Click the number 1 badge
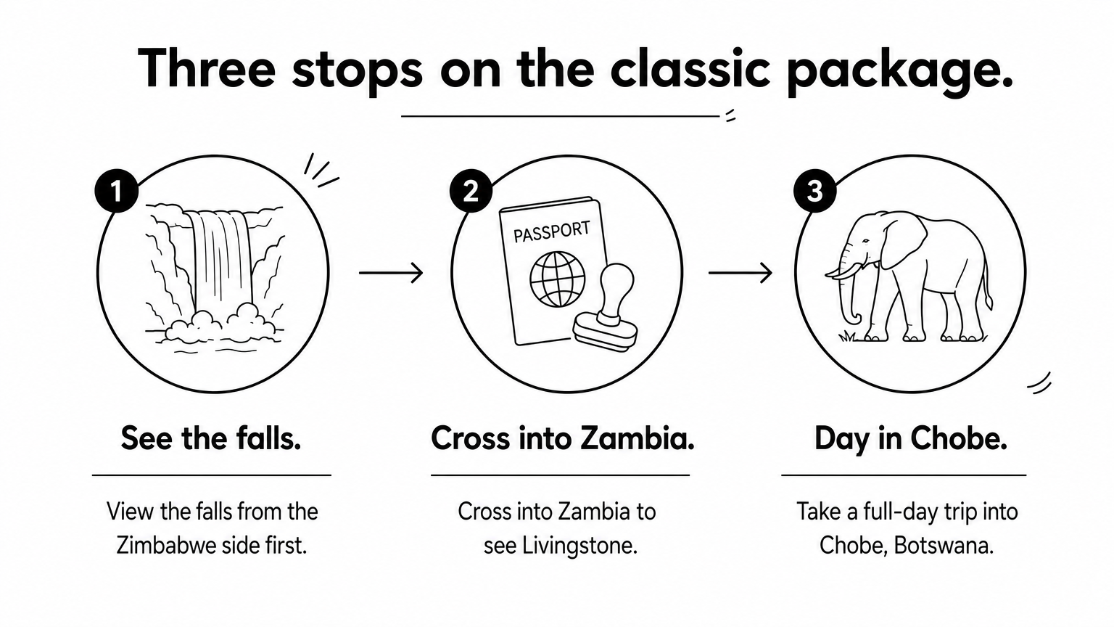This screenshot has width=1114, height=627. [x=116, y=191]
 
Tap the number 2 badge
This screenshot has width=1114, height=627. [x=471, y=191]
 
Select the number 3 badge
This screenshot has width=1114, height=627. [x=814, y=191]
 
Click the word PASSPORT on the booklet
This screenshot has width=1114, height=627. [x=551, y=232]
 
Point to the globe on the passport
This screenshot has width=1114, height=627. [x=558, y=279]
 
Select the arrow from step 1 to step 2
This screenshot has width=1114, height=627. [x=391, y=273]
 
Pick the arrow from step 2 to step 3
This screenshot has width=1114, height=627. [x=740, y=273]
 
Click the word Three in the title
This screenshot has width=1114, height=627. [x=207, y=68]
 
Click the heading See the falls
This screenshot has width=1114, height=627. [x=211, y=438]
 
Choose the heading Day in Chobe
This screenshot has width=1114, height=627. [x=911, y=439]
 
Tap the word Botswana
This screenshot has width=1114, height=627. [x=944, y=546]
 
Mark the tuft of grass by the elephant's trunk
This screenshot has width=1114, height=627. [x=847, y=337]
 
